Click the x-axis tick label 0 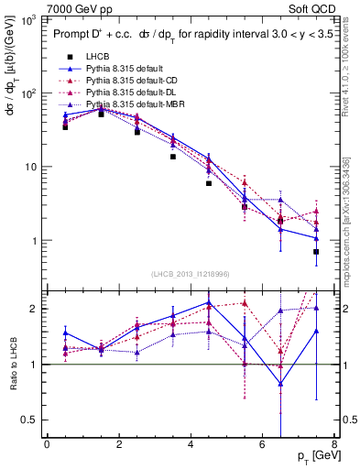point(47,443)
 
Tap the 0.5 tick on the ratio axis point(33,420)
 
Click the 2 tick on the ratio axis point(37,309)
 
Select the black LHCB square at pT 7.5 point(316,251)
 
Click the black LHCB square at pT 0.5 point(65,126)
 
